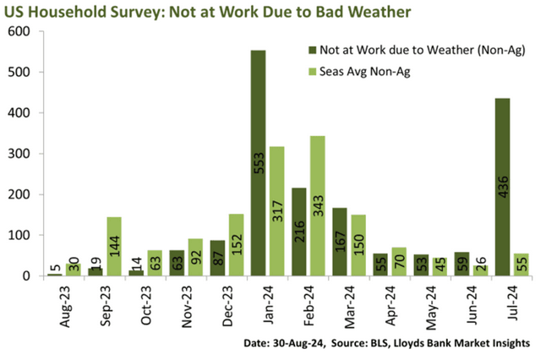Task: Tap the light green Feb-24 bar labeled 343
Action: coord(317,206)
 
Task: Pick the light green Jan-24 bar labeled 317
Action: coord(276,211)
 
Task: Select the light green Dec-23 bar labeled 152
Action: coord(236,245)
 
